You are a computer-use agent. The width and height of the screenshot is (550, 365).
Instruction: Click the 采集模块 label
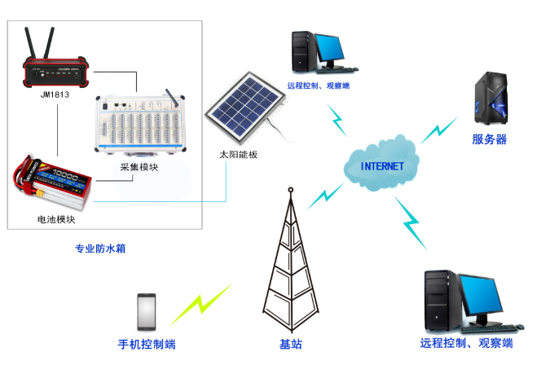pos(139,167)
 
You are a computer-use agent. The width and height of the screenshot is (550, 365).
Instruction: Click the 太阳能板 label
pos(238,154)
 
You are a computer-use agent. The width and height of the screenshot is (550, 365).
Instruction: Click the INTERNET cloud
pos(383,165)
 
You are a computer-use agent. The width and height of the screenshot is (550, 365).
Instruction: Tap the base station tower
pos(290,262)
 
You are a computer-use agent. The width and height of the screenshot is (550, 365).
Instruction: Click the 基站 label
pos(291,344)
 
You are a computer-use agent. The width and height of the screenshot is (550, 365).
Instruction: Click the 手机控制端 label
pos(147,344)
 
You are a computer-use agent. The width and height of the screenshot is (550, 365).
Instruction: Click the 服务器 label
pos(490,140)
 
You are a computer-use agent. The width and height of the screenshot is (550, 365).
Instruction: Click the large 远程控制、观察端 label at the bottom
pos(466,344)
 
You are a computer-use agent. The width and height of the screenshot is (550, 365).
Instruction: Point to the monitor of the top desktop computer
pos(333,50)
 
